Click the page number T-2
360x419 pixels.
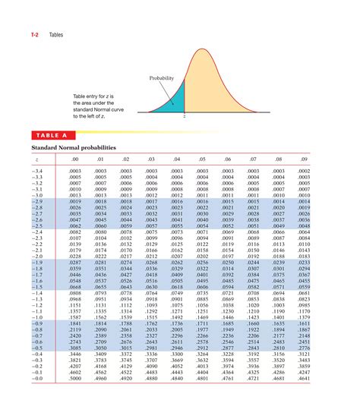pos(35,35)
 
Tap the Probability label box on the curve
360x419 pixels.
pos(161,78)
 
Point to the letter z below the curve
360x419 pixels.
pos(184,119)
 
